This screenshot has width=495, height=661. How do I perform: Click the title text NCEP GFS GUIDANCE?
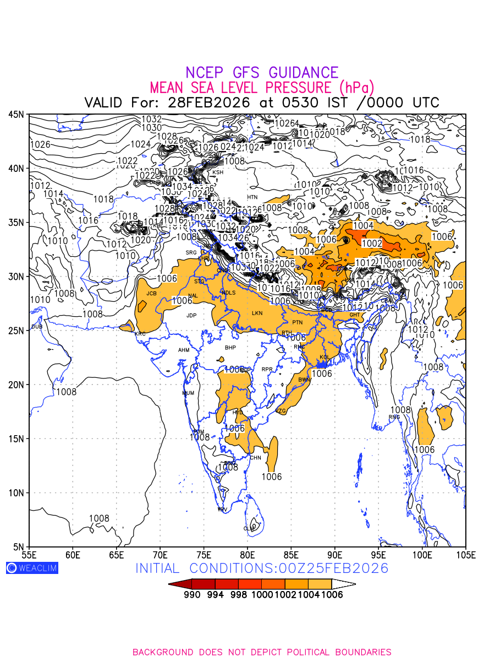[x=262, y=73]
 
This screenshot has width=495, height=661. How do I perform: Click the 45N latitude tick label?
[x=16, y=115]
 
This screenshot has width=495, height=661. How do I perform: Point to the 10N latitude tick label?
[x=16, y=493]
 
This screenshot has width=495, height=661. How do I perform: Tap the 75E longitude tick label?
[x=204, y=554]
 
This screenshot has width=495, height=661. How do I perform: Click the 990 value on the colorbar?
[x=191, y=595]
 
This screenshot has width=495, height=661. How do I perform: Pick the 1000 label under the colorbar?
[x=262, y=595]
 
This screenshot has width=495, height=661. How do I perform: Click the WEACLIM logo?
[x=32, y=568]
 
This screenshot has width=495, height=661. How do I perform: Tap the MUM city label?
[x=188, y=393]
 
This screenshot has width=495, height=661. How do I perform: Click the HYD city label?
[x=238, y=412]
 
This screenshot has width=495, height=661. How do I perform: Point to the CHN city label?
[x=256, y=458]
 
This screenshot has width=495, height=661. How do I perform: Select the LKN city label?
[x=257, y=313]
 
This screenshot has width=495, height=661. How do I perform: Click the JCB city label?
[x=151, y=294]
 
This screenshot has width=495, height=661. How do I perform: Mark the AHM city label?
[x=184, y=350]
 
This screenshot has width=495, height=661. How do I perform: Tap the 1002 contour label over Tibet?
[x=372, y=243]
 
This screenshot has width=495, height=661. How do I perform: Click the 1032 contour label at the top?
[x=152, y=119]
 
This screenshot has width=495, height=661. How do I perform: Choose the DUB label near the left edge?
[x=37, y=327]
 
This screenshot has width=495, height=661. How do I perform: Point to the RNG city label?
[x=394, y=417]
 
